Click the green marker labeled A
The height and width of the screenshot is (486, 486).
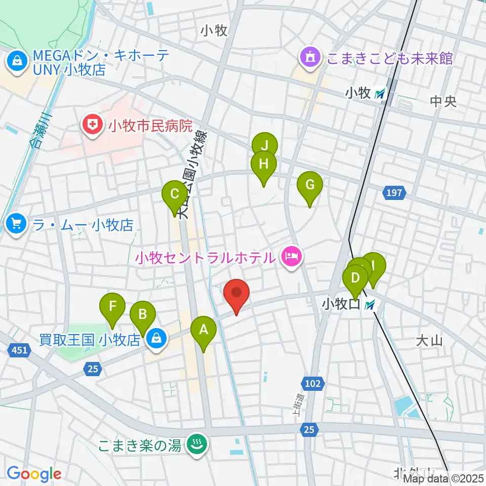(x=204, y=331)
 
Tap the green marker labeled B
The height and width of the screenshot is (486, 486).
(x=143, y=315)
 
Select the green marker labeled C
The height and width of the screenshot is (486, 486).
(x=175, y=194)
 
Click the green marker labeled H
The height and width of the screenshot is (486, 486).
(x=263, y=165)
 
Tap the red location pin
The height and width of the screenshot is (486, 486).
(x=236, y=293)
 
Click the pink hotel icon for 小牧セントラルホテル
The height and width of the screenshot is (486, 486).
(x=292, y=257)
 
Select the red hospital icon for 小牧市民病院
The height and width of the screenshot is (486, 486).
(x=93, y=124)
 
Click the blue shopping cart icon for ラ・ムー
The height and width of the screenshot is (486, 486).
(x=17, y=223)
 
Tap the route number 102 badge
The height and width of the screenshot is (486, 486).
(x=313, y=383)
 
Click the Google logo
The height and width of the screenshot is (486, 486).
(x=33, y=474)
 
